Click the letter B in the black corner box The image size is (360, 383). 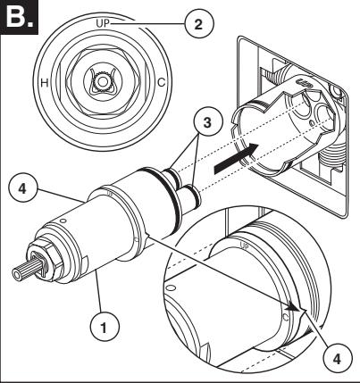pos(15,17)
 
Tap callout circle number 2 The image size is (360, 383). pos(199,24)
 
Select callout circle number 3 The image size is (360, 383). pos(207,121)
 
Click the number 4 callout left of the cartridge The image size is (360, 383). pos(22,189)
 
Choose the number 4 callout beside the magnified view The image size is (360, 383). pos(337,359)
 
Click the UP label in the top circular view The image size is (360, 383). pos(103,23)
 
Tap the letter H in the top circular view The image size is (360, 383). pos(45,82)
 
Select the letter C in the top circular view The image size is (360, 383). pos(161,82)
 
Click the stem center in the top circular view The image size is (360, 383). pos(103,81)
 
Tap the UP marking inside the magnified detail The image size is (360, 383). pos(244,246)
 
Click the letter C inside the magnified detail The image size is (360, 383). pos(286,317)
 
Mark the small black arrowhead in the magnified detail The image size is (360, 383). pos(296,308)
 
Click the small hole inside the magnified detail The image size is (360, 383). pos(171,288)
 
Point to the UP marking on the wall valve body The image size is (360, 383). pos(306,83)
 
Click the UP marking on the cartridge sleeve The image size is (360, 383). pos(109,194)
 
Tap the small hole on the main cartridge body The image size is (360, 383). pos(63,221)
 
